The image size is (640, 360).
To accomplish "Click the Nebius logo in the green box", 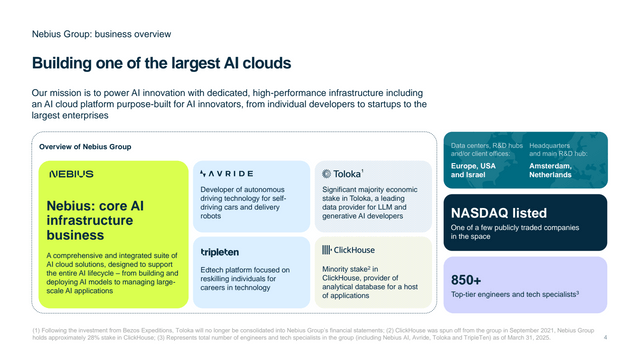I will [x=71, y=173].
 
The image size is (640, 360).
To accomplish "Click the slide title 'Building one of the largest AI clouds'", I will [x=162, y=63].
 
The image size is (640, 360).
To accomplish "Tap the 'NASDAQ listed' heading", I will [x=499, y=213].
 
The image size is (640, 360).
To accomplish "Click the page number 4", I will [x=608, y=338].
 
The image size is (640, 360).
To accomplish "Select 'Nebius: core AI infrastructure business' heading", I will [x=95, y=220].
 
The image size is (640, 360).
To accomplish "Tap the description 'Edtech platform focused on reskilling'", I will [x=245, y=278].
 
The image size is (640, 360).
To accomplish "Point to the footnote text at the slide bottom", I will [x=310, y=334].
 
